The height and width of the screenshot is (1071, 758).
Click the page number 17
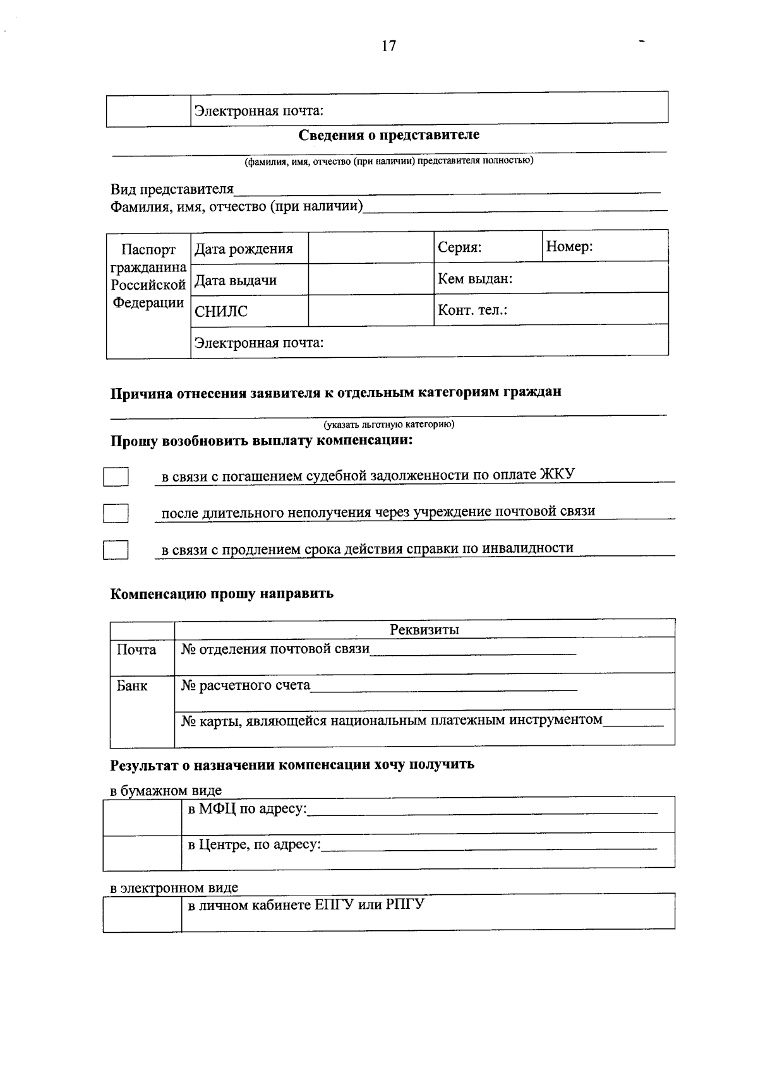click(388, 46)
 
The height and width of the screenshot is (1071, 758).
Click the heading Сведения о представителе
click(388, 134)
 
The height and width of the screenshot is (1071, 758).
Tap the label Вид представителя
click(172, 189)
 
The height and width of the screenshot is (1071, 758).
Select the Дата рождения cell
click(244, 249)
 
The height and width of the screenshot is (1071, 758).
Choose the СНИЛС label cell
click(221, 311)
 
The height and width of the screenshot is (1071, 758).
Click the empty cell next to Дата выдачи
click(371, 280)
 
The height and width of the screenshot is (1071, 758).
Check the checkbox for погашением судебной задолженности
click(116, 476)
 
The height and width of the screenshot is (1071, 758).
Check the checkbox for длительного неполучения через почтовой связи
click(116, 513)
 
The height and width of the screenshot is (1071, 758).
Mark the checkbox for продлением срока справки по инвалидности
click(116, 550)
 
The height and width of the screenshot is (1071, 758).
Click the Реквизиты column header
click(424, 629)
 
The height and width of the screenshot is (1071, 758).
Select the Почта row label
click(136, 649)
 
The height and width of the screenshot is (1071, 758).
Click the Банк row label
click(132, 686)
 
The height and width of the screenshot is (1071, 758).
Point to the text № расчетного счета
click(246, 685)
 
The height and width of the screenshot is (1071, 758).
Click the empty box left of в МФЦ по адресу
click(142, 816)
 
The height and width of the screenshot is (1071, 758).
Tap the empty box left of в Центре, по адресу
click(142, 852)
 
